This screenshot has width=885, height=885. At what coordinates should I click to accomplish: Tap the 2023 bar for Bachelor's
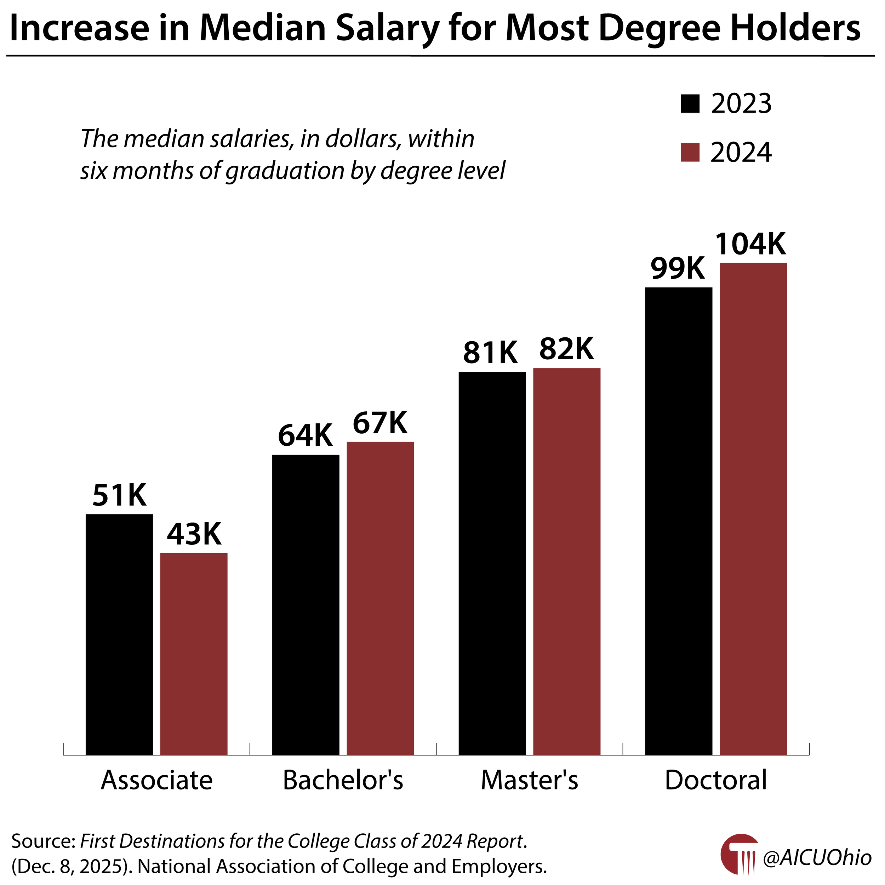[x=306, y=604]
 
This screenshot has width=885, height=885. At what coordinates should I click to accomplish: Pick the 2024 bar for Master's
[x=567, y=561]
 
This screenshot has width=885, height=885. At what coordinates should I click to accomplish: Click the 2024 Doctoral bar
[x=753, y=508]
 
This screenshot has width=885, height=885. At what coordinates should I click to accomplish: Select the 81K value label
[x=490, y=353]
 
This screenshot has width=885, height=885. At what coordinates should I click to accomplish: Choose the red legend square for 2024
[x=690, y=153]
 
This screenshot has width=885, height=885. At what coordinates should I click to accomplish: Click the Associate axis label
[x=157, y=780]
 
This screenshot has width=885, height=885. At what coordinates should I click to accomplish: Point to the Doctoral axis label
[x=715, y=780]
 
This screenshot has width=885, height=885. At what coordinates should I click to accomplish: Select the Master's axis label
[x=529, y=780]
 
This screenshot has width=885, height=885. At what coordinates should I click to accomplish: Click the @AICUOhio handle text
[x=817, y=858]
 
